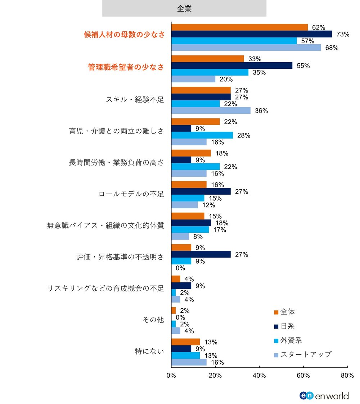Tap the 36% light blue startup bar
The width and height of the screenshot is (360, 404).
click(x=211, y=110)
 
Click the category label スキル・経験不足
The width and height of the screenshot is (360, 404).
click(x=135, y=100)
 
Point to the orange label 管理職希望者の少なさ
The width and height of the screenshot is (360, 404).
click(x=126, y=67)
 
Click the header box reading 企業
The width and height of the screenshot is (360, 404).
click(x=184, y=9)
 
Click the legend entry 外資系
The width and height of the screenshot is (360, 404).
click(x=291, y=340)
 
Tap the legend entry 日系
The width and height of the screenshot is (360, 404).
click(x=288, y=326)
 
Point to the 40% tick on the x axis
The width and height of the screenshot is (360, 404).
click(x=259, y=376)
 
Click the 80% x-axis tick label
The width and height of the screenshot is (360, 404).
click(x=347, y=376)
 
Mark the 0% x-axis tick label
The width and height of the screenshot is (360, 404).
click(x=171, y=376)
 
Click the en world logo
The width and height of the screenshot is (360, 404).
click(x=324, y=395)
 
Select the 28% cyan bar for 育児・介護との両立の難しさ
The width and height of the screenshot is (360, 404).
click(x=202, y=135)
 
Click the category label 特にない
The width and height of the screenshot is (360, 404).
click(x=149, y=352)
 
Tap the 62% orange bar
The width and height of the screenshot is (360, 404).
click(x=239, y=27)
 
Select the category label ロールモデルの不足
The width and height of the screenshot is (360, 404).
click(x=131, y=194)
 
